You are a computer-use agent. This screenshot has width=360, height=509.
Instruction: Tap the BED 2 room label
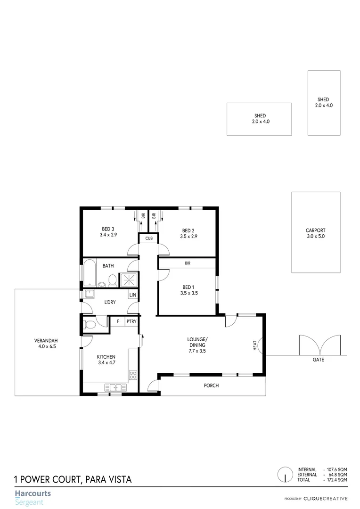click(188, 230)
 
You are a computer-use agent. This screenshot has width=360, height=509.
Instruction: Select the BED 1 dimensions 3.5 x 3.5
click(188, 293)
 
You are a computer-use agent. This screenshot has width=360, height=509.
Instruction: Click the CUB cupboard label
click(149, 238)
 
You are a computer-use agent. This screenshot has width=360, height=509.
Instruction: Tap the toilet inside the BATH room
click(112, 280)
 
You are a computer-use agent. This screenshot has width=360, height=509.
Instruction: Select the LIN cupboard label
click(133, 295)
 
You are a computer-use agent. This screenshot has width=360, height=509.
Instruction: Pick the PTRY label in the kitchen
click(131, 321)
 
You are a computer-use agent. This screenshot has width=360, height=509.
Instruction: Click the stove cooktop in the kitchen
click(133, 376)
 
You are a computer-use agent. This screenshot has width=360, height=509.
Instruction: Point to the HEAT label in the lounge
click(255, 346)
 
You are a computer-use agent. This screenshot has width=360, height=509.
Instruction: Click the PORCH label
click(211, 386)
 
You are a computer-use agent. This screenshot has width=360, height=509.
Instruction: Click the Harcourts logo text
click(33, 494)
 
